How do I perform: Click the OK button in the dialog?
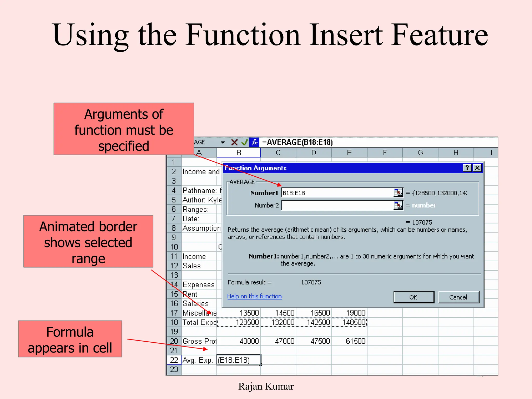click(x=414, y=297)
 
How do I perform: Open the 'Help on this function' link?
click(x=254, y=296)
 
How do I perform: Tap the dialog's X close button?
click(x=477, y=168)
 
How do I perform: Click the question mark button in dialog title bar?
click(x=467, y=168)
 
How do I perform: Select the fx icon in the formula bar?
click(x=254, y=142)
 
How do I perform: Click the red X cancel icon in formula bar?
click(x=234, y=142)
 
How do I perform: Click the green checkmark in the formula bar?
click(x=244, y=142)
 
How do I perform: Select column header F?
click(x=385, y=153)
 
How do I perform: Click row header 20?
click(x=174, y=341)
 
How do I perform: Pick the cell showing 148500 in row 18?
click(x=350, y=322)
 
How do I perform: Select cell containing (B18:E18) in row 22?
click(x=238, y=360)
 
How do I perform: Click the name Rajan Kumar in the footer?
click(x=266, y=387)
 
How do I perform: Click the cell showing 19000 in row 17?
click(x=350, y=313)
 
